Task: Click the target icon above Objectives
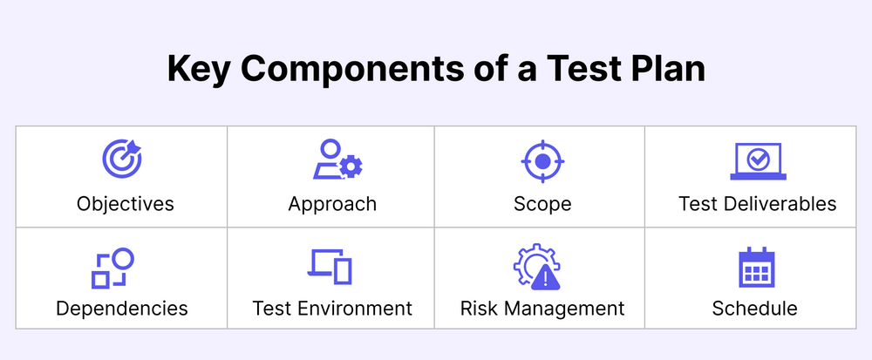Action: click(x=123, y=160)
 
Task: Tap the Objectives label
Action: click(x=126, y=204)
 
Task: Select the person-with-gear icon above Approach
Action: click(x=337, y=160)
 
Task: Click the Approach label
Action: click(x=332, y=204)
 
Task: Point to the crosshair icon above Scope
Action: click(x=542, y=160)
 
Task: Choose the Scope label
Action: click(x=542, y=204)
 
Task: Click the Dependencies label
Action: click(x=122, y=308)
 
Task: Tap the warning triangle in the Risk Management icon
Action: click(x=545, y=278)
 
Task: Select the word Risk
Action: click(x=479, y=308)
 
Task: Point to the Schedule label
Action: click(x=754, y=308)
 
